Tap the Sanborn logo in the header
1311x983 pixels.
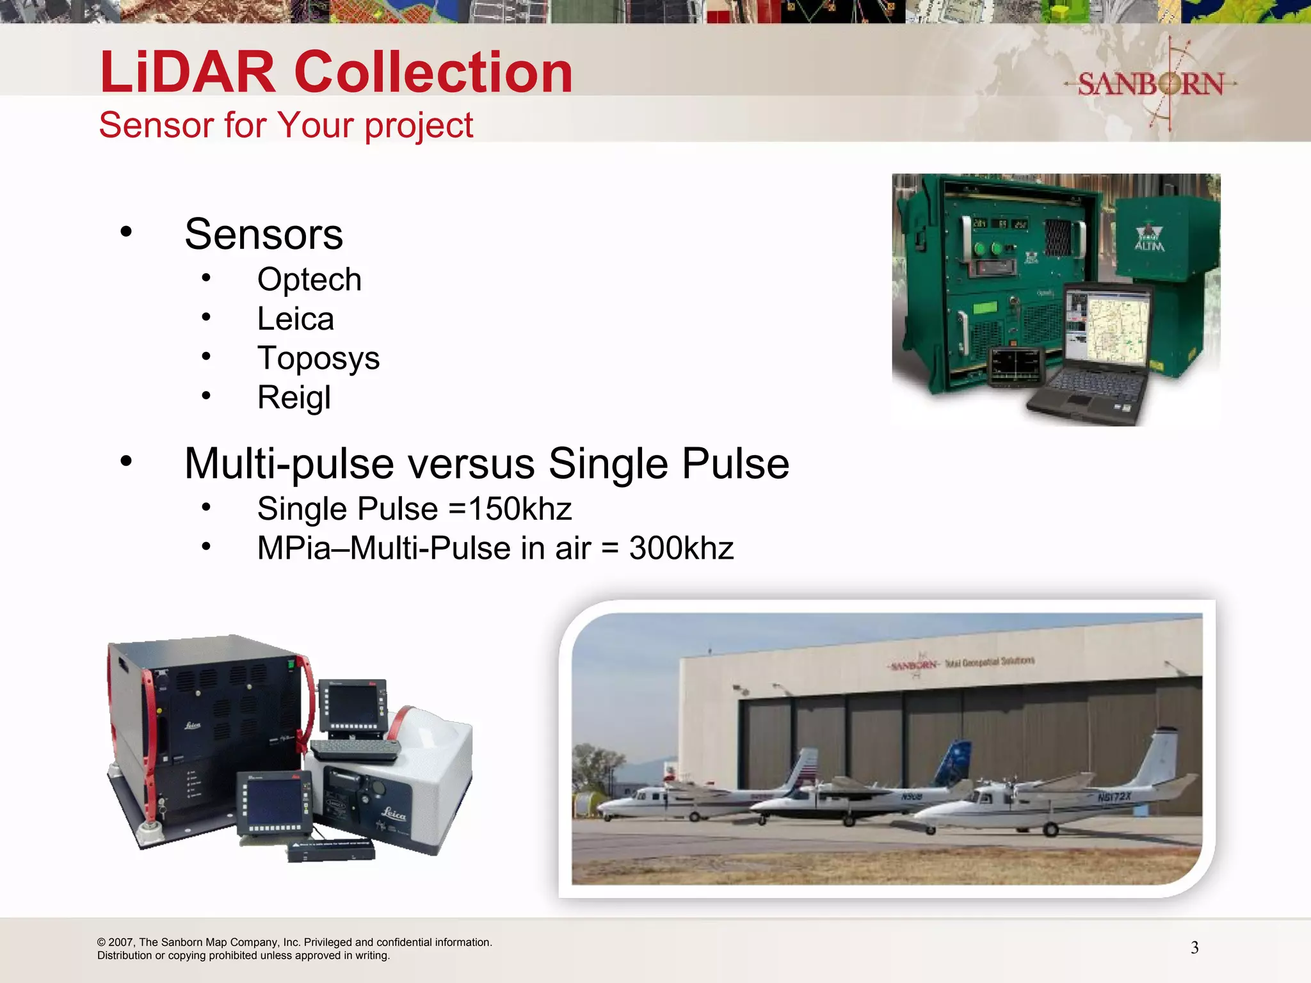pyautogui.click(x=1150, y=84)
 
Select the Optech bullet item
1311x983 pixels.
pyautogui.click(x=309, y=280)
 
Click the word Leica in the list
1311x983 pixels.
pyautogui.click(x=295, y=319)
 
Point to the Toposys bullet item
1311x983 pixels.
pyautogui.click(x=318, y=358)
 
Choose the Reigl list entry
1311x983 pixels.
pyautogui.click(x=294, y=397)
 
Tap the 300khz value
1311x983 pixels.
pyautogui.click(x=681, y=548)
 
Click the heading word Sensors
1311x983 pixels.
pyautogui.click(x=263, y=234)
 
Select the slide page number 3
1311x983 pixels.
pyautogui.click(x=1194, y=948)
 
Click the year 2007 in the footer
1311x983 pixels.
pyautogui.click(x=121, y=942)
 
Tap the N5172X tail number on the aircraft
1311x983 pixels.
pyautogui.click(x=1114, y=797)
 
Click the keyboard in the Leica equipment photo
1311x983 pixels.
pyautogui.click(x=355, y=749)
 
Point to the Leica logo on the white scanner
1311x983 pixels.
pyautogui.click(x=394, y=814)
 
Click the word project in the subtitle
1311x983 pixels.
pyautogui.click(x=419, y=125)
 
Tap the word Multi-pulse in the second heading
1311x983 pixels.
pyautogui.click(x=289, y=463)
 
